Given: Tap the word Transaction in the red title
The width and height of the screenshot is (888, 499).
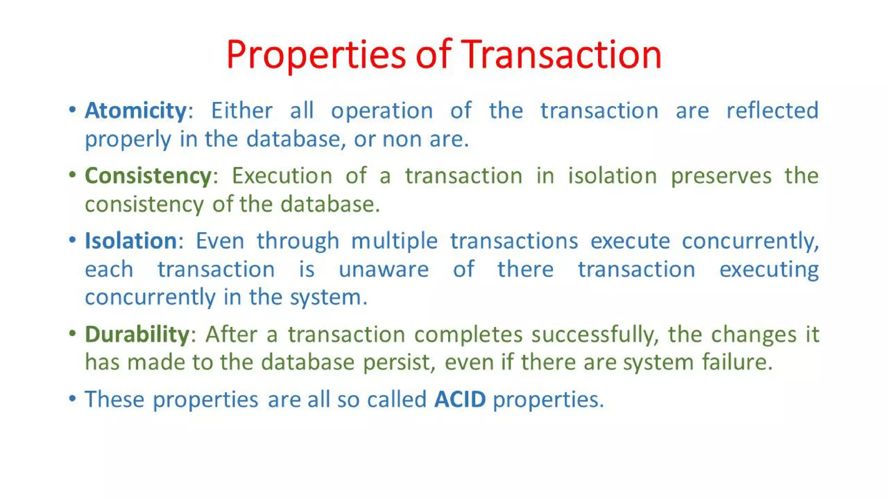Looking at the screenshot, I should point(561,55).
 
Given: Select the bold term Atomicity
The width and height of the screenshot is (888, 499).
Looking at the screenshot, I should point(136,110).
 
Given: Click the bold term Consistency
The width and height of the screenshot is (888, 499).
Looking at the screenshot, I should point(148,176).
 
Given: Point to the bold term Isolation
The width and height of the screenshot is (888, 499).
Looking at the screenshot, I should point(131,241).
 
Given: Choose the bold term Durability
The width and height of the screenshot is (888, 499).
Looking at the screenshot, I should point(137,334).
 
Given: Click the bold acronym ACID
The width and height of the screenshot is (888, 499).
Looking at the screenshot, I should point(460,399).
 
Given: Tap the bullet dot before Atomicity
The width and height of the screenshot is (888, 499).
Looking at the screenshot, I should point(72,110).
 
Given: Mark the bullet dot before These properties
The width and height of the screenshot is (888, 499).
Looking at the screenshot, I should point(72,398).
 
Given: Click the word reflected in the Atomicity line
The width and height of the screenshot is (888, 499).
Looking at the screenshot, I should point(772,110).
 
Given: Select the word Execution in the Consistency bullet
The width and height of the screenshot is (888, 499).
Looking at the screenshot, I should point(282,176).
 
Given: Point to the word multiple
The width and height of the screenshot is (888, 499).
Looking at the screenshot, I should point(394,241).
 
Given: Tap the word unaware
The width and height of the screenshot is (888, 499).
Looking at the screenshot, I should point(384,270).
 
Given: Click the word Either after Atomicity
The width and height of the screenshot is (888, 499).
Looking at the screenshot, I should point(242,110).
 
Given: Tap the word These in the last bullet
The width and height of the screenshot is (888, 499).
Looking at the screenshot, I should point(114,399).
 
